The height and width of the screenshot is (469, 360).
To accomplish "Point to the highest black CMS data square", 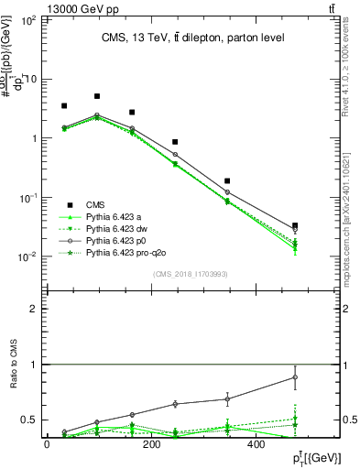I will (x=97, y=96).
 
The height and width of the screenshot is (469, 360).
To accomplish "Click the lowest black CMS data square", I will (x=294, y=225).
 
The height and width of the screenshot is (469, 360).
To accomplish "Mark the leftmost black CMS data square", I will (x=64, y=106).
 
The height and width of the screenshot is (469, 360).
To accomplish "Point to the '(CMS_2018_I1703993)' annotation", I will (x=190, y=273).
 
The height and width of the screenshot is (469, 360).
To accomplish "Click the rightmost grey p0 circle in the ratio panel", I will (x=294, y=377).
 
